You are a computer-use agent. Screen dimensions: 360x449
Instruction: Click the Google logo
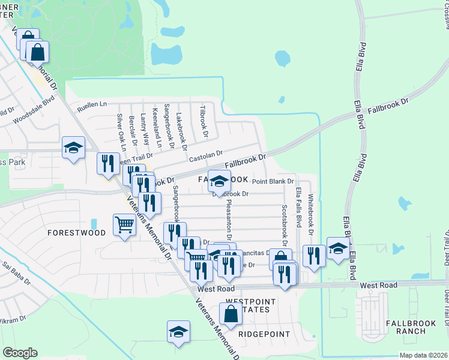click(20, 353)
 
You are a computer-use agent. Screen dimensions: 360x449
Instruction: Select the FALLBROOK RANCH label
click(411, 327)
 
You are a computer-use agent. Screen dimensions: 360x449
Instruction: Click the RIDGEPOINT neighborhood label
click(264, 334)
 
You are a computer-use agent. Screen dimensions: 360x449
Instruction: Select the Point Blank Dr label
click(273, 181)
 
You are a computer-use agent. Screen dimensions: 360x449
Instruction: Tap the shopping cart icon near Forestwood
click(124, 225)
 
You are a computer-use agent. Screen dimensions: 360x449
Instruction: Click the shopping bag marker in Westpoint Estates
click(231, 313)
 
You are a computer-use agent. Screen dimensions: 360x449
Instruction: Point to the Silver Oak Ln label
click(122, 132)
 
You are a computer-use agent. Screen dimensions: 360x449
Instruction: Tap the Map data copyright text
click(423, 355)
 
